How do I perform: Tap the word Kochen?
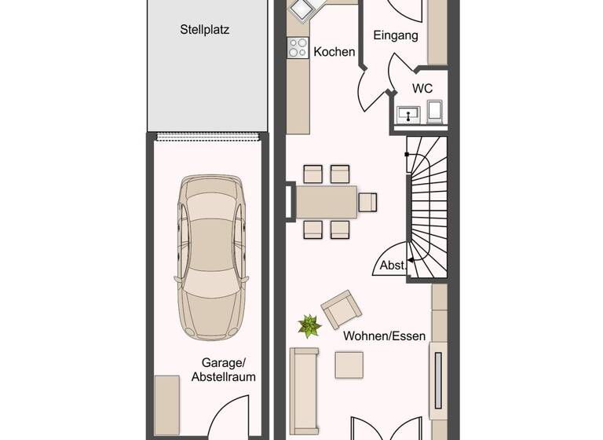(332, 53)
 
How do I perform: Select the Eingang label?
(395, 36)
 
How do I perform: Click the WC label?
(422, 88)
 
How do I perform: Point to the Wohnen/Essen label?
(384, 336)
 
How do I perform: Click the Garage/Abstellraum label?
(224, 369)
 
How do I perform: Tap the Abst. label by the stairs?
(392, 266)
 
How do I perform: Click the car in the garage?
(210, 256)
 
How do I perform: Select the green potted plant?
(309, 324)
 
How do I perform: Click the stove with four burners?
(298, 49)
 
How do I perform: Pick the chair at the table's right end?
(367, 202)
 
